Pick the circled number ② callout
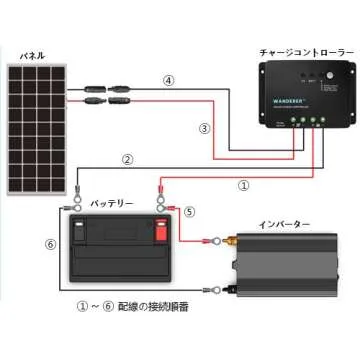pos(127,159)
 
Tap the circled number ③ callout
pos(204,128)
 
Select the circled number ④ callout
pos(170,79)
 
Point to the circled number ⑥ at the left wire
pos(51,242)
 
